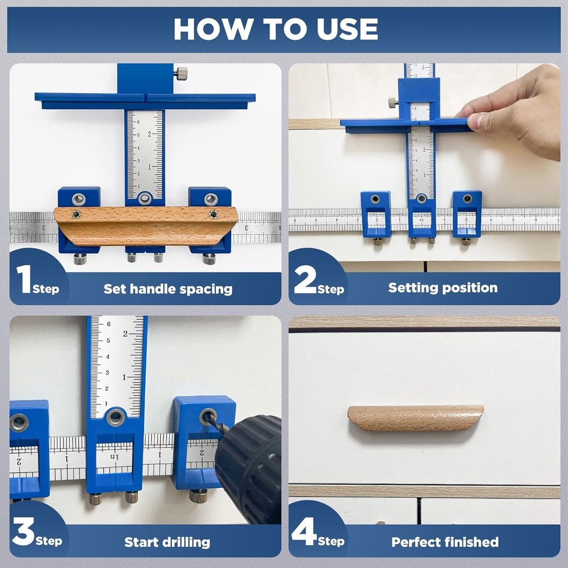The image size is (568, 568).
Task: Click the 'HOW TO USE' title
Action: click(x=276, y=29)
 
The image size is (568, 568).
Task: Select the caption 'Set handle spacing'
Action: click(x=168, y=289)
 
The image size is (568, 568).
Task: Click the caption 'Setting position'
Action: click(x=442, y=288)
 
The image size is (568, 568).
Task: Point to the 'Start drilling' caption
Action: click(x=167, y=542)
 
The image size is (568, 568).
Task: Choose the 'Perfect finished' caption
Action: click(x=444, y=542)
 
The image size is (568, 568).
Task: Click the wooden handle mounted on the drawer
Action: click(x=415, y=417)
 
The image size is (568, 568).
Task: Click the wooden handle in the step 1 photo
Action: click(x=145, y=225)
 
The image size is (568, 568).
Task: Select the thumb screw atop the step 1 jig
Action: click(x=181, y=73)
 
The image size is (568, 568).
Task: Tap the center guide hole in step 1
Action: click(x=145, y=198)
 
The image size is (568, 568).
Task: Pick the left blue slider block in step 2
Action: click(x=376, y=214)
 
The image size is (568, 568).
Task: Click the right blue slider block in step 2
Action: click(x=466, y=214)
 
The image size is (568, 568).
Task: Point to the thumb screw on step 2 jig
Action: click(x=393, y=103)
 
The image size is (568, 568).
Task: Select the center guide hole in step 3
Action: click(x=115, y=417)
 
